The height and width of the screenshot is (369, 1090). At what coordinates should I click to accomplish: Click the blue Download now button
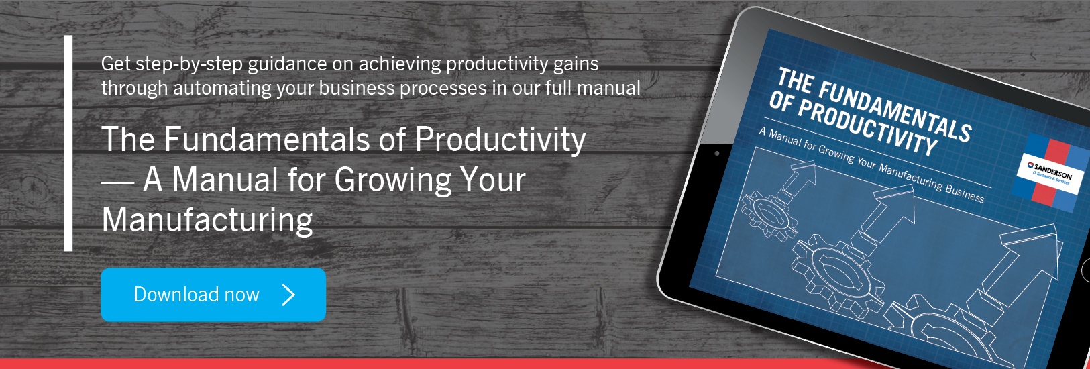click(213, 295)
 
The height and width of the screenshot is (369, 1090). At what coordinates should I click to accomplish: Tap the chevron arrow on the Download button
click(288, 295)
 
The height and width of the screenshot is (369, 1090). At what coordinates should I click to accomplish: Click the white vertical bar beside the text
click(68, 143)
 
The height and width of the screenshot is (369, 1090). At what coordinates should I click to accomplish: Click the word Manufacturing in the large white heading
click(207, 220)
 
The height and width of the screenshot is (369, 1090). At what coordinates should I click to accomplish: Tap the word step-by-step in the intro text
click(189, 64)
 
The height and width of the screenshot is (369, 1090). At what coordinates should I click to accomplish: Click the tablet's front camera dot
click(717, 154)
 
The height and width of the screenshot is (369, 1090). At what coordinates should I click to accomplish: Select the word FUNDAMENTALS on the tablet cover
click(895, 109)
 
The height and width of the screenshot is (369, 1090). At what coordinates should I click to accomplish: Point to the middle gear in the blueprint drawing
click(838, 272)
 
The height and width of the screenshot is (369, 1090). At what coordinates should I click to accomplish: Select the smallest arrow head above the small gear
click(803, 173)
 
